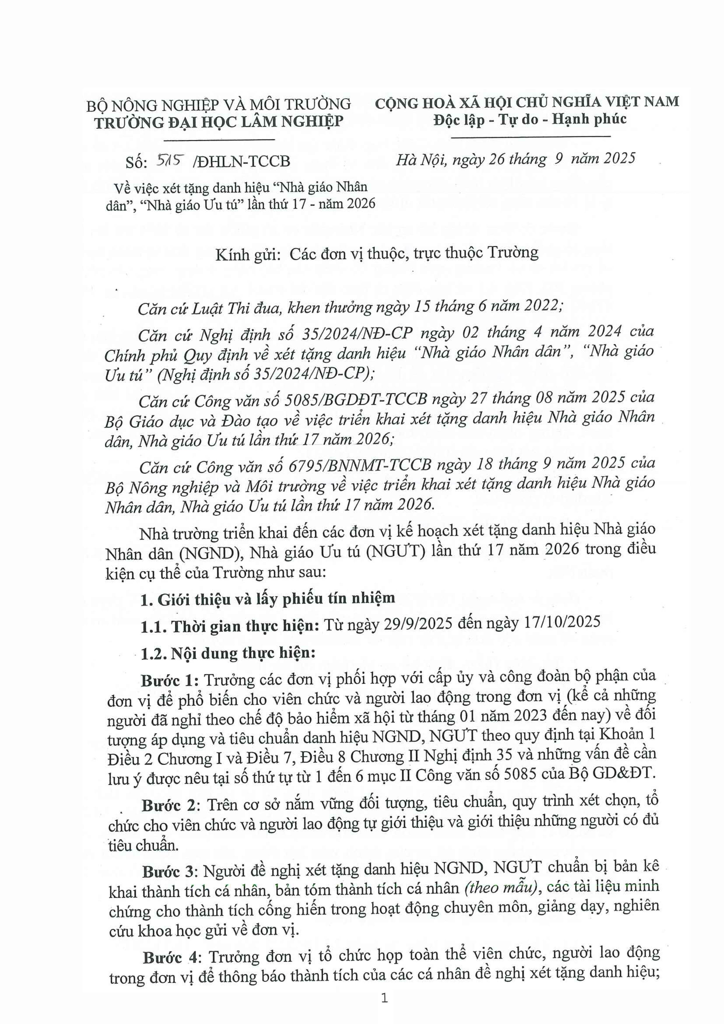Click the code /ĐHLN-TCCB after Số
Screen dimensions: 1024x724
pyautogui.click(x=241, y=161)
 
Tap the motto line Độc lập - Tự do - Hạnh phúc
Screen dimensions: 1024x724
pyautogui.click(x=530, y=119)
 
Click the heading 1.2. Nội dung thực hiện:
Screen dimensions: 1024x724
pyautogui.click(x=228, y=653)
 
